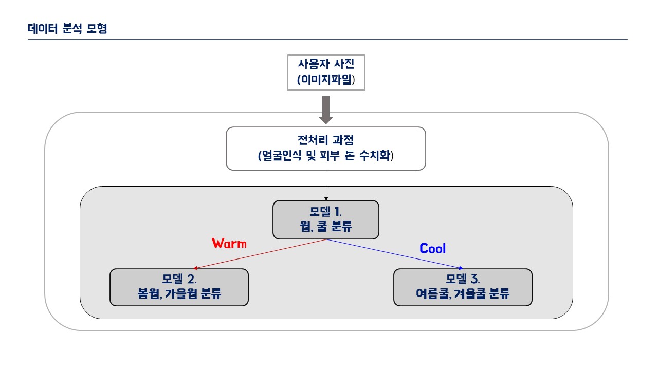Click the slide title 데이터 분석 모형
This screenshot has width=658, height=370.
click(x=67, y=28)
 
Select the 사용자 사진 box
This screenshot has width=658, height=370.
click(x=326, y=72)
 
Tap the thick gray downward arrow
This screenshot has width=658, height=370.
click(x=326, y=110)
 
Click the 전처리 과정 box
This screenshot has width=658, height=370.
click(x=326, y=149)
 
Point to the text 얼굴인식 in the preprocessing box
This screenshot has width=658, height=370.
click(x=281, y=155)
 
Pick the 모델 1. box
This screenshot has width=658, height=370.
click(x=326, y=219)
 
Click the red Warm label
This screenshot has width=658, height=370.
click(x=229, y=244)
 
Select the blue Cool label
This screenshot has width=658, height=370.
click(x=432, y=248)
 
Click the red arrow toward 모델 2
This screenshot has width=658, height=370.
click(x=260, y=254)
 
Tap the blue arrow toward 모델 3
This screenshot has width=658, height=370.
click(x=395, y=254)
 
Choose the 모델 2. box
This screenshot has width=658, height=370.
click(x=179, y=287)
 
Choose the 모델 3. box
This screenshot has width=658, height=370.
click(x=463, y=287)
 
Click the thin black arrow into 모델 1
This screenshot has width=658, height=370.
click(x=326, y=186)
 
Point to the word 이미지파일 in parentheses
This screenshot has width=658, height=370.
click(x=326, y=80)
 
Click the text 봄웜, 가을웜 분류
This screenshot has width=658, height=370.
click(x=179, y=293)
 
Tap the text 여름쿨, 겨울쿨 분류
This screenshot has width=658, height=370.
click(x=463, y=293)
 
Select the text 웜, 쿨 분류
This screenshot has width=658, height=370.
click(x=326, y=227)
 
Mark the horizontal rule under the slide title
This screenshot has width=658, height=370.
click(x=327, y=40)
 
